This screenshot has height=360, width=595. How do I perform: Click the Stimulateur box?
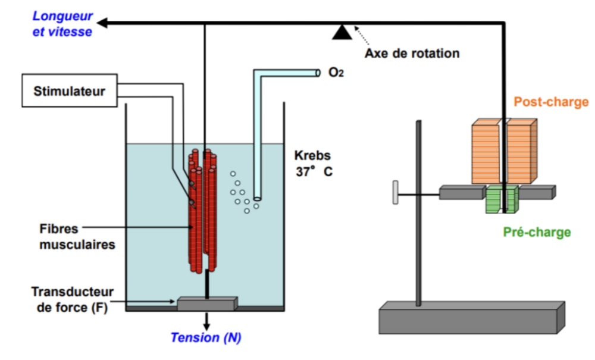tap(70, 90)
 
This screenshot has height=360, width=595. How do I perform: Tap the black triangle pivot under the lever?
tap(342, 32)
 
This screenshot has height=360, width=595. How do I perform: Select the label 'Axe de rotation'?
tap(412, 53)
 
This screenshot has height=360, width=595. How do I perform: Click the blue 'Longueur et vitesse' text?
tap(62, 24)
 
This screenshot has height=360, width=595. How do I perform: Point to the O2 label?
tap(336, 72)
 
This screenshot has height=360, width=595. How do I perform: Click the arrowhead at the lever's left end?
tap(102, 23)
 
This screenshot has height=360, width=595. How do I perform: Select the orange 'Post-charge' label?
tap(551, 102)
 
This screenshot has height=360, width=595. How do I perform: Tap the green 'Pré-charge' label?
tap(537, 232)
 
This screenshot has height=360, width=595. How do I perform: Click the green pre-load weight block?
tap(502, 199)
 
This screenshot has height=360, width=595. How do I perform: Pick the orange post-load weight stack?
tap(505, 152)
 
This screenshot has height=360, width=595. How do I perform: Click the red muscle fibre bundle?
tap(203, 211)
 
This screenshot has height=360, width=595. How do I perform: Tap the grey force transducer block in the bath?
tap(208, 303)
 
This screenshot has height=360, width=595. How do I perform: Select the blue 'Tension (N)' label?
tap(206, 337)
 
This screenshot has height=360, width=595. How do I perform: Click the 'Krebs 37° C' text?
tap(313, 164)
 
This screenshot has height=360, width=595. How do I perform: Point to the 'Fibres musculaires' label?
tap(77, 236)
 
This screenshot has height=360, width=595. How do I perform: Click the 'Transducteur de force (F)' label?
tap(72, 299)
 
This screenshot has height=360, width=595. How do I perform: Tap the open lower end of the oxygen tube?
tap(257, 198)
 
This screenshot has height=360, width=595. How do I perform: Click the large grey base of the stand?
tap(472, 318)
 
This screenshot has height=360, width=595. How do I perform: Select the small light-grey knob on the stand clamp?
tap(396, 192)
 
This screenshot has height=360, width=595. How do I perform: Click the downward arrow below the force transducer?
tap(206, 321)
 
